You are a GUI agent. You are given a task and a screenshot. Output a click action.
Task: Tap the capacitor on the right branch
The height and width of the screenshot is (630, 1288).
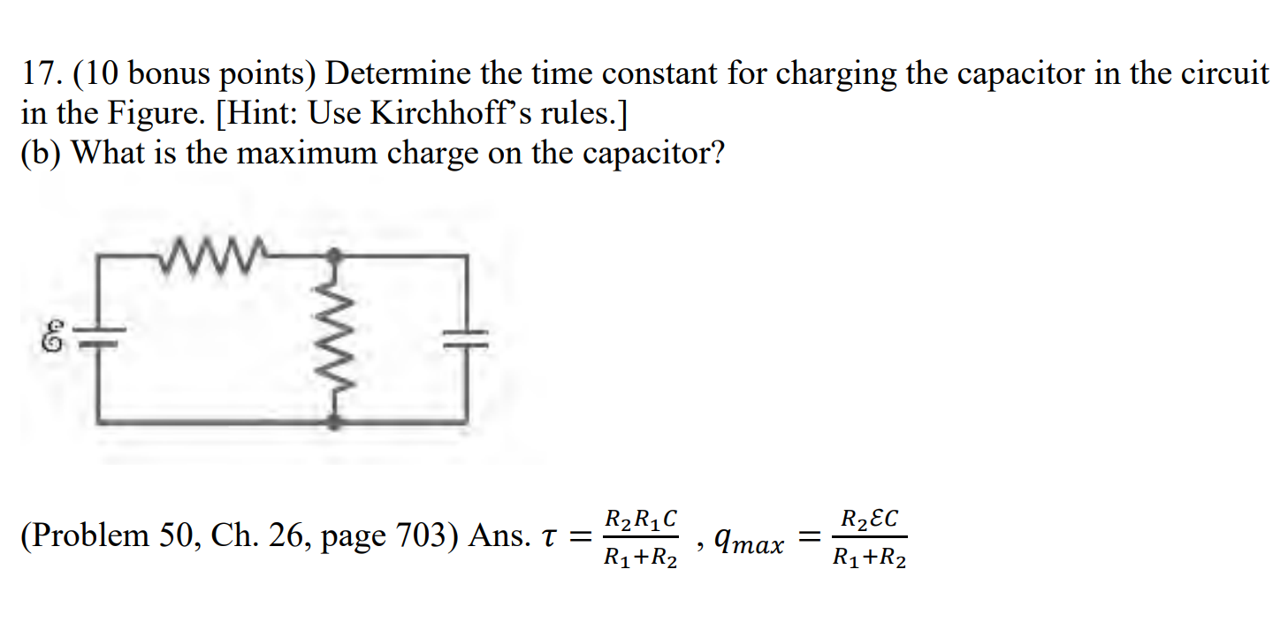click(465, 339)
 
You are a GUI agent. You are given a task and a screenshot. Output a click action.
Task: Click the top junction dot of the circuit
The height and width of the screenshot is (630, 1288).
click(333, 256)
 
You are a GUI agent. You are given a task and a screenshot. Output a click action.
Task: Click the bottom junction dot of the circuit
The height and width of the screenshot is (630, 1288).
click(333, 421)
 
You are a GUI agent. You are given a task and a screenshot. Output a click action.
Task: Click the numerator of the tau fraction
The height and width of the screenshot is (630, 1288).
click(641, 518)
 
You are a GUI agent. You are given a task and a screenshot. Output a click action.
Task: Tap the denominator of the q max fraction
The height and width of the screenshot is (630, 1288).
click(870, 558)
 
